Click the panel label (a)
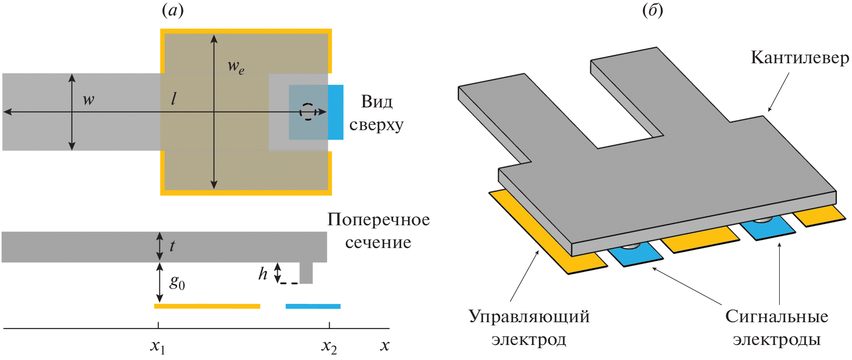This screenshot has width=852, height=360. pos(173,10)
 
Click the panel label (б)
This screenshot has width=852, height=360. pos(653,10)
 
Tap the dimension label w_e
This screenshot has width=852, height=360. pos(236,67)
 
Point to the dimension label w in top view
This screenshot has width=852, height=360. pos(88,100)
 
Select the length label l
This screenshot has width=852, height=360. pos(173,99)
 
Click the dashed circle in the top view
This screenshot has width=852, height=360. pos(308,112)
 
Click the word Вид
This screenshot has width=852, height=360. pos(377,101)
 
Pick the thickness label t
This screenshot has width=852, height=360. pos(172,246)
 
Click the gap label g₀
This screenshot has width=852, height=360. pos(177,283)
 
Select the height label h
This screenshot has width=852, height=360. pos(263,274)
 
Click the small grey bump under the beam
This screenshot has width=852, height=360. pos(306,273)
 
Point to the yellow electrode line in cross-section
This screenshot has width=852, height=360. pos(207,306)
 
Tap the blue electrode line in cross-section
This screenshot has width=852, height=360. pos(313,306)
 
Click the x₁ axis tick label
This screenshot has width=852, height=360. pos(158,347)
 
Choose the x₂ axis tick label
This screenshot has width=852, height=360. pos(329,347)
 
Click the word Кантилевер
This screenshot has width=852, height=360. pos(800,58)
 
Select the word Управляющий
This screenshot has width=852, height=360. pos(529,316)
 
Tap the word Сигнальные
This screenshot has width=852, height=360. pos(776,316)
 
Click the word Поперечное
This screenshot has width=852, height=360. pos(378,220)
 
